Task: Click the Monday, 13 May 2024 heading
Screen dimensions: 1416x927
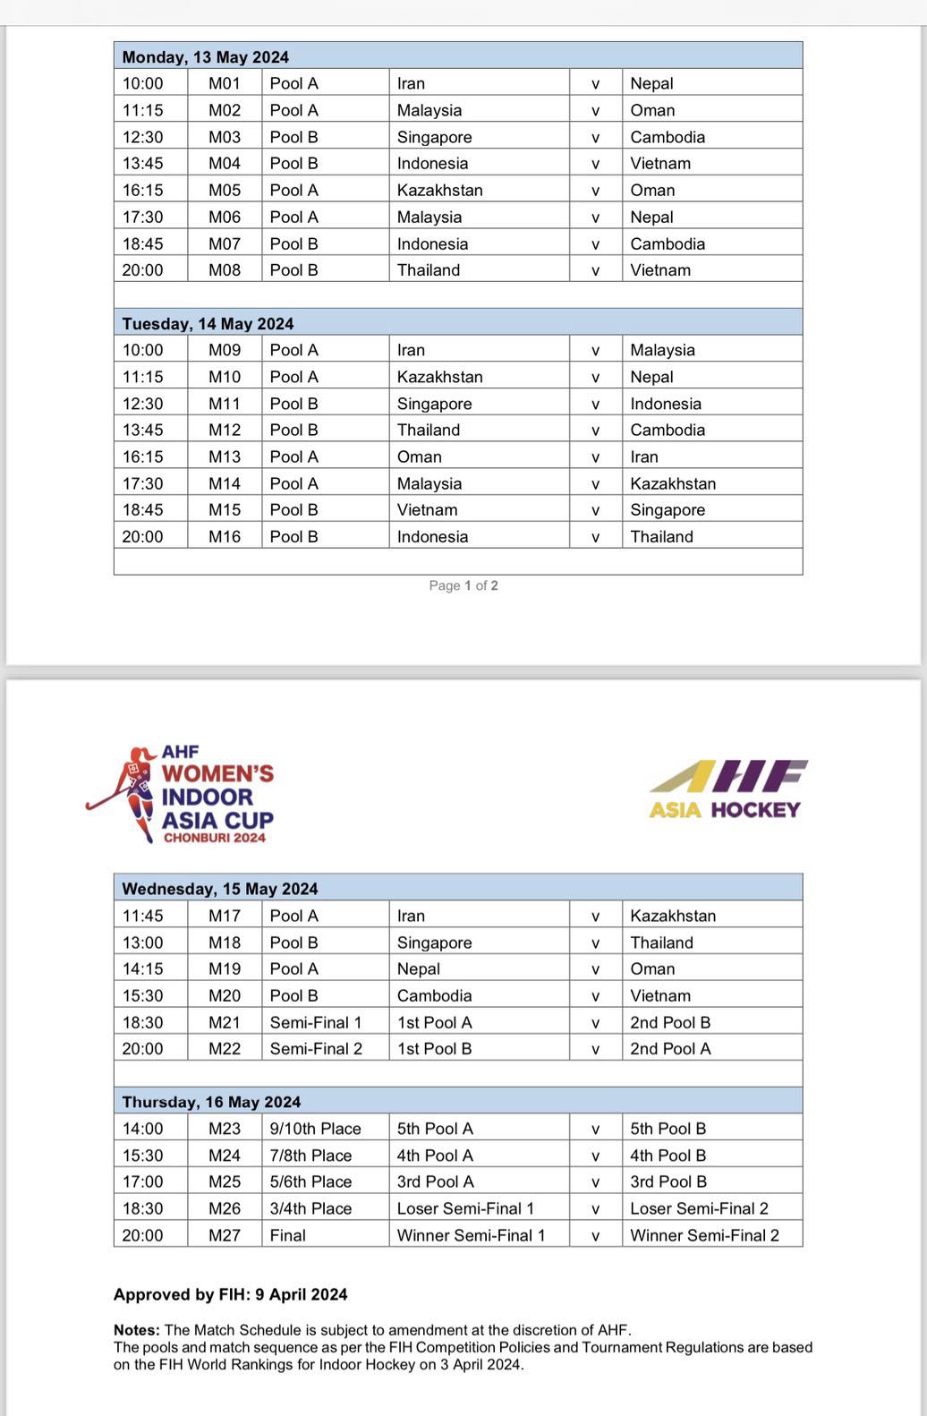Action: pos(206,57)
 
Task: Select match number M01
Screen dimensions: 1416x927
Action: pos(225,83)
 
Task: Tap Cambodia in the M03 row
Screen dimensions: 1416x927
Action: pos(668,137)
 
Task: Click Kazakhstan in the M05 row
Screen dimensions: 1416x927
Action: pos(440,190)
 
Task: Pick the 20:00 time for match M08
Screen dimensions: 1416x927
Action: pos(143,269)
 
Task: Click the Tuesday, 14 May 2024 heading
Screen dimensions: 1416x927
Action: pos(208,324)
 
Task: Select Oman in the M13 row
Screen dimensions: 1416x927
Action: pos(420,456)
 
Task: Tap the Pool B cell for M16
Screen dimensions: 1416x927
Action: pos(294,536)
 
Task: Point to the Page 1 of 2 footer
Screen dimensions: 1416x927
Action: pos(463,585)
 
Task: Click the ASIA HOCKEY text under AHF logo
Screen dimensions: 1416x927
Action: pos(725,810)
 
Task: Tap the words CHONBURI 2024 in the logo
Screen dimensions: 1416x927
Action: pos(215,838)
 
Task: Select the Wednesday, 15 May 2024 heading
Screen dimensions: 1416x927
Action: pos(220,889)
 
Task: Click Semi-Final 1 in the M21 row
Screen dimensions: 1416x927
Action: pos(316,1022)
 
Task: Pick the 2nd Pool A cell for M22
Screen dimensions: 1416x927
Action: pos(670,1048)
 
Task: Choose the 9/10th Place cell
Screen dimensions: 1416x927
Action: pos(316,1129)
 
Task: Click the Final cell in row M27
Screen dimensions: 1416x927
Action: pos(288,1235)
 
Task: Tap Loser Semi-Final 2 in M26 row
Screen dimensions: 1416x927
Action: pos(699,1208)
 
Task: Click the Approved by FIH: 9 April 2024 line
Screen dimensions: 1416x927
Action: pos(231,1294)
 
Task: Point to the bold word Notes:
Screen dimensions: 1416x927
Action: pos(137,1330)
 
